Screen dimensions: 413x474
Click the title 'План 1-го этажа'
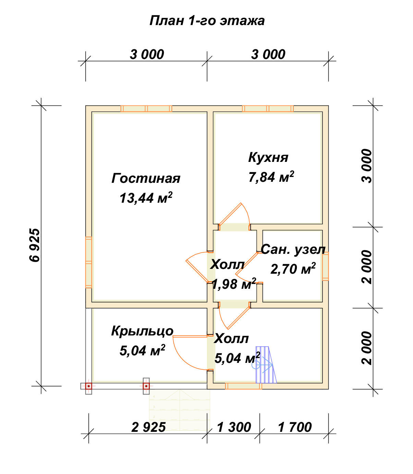click(207, 21)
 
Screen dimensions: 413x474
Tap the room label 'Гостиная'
click(146, 178)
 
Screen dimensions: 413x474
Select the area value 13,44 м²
click(146, 198)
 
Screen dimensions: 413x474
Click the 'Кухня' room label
click(268, 157)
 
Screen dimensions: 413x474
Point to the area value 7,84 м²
click(271, 177)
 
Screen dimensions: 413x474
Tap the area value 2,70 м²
click(293, 269)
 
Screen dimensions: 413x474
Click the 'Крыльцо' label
click(142, 331)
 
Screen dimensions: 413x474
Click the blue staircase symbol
click(265, 365)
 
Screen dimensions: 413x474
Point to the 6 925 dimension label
click(35, 245)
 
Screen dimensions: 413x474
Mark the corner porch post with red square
click(89, 386)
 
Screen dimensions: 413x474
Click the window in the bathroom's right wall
click(326, 266)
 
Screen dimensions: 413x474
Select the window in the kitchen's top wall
click(268, 109)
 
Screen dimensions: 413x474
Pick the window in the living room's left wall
click(89, 262)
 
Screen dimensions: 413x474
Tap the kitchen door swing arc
click(247, 213)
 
